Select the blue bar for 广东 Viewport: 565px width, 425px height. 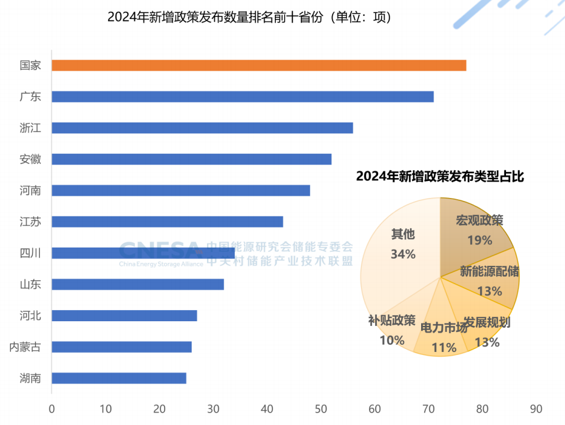tap(242, 97)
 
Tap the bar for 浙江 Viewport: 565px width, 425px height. tap(202, 128)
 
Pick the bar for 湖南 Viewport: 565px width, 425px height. tap(119, 378)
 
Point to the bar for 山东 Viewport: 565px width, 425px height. tap(137, 284)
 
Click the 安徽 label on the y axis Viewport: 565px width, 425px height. tap(30, 159)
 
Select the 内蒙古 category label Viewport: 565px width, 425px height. tap(25, 347)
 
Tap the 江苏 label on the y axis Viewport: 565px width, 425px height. tap(30, 222)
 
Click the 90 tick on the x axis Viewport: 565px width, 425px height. tap(536, 408)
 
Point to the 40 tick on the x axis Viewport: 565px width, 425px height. tap(267, 408)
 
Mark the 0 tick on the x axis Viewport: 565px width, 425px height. tap(52, 408)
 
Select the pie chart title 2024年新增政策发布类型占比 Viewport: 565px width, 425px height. tap(440, 176)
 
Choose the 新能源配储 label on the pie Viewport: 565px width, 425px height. tap(490, 272)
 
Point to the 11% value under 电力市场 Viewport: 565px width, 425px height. tap(444, 348)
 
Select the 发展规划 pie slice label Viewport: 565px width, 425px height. tap(487, 322)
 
